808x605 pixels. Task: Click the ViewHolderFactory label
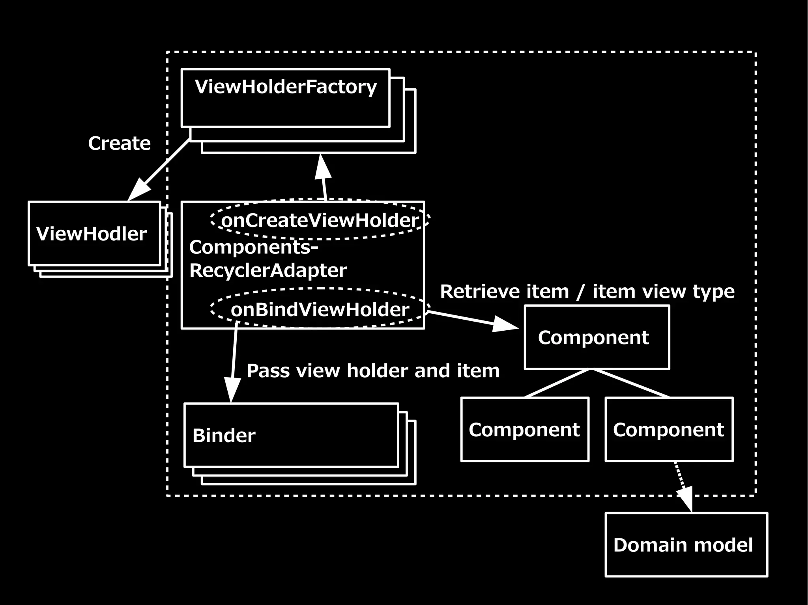click(x=286, y=87)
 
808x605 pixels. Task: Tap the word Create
click(x=119, y=143)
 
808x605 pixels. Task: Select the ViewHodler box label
click(x=92, y=234)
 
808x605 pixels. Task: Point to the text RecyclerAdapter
click(x=268, y=271)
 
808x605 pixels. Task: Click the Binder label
click(x=224, y=436)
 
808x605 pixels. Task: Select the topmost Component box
click(x=597, y=338)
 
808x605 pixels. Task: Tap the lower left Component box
click(x=524, y=430)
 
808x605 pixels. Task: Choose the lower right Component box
click(x=669, y=430)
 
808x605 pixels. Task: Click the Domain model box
click(x=686, y=545)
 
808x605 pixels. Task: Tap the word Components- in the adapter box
click(x=253, y=248)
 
